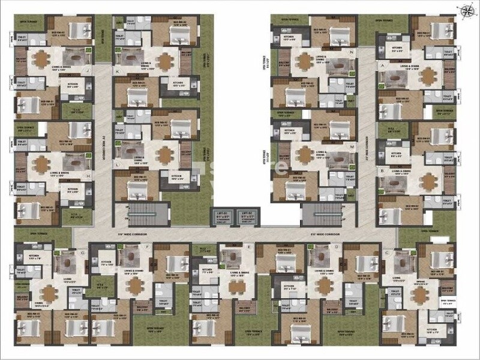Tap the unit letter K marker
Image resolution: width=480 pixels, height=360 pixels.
pos(118,71)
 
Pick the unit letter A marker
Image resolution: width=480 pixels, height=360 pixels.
pos(382,64)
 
